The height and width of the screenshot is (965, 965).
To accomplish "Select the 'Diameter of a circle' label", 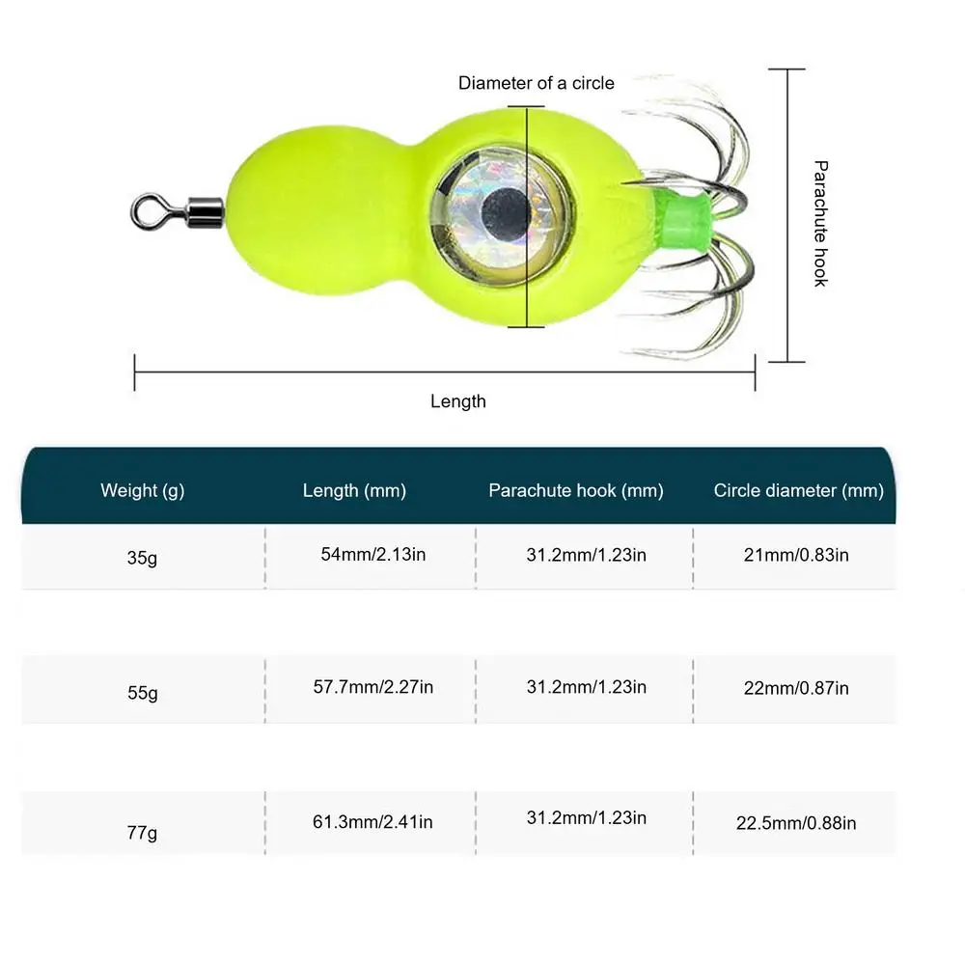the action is pos(536,83).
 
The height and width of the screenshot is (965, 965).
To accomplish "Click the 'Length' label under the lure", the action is pos(458,401).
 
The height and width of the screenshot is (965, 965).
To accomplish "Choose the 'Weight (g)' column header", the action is pos(142,490).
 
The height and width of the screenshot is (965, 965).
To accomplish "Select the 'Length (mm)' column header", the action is pos(354,490).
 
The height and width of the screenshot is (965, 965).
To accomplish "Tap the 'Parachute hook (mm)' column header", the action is pos(576,490).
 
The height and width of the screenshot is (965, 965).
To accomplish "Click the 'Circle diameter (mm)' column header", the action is pos(798,490).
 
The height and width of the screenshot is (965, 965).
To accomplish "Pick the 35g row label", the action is pos(142,558).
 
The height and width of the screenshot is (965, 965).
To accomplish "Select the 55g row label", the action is pos(142,693).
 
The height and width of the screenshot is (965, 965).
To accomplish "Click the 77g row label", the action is pos(142,832).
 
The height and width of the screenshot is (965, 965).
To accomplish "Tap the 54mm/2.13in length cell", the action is pos(372,555).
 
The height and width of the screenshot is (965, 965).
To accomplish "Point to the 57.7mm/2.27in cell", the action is pos(372,687).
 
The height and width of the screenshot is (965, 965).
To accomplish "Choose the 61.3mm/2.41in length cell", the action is pos(372,822).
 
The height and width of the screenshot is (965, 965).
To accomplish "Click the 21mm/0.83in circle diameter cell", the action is pos(796,555).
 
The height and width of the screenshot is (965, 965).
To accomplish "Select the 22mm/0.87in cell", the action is pos(796,688).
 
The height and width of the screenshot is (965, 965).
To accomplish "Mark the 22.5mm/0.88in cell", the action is pos(796,823).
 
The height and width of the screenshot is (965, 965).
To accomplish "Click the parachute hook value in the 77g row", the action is pos(587,818).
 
